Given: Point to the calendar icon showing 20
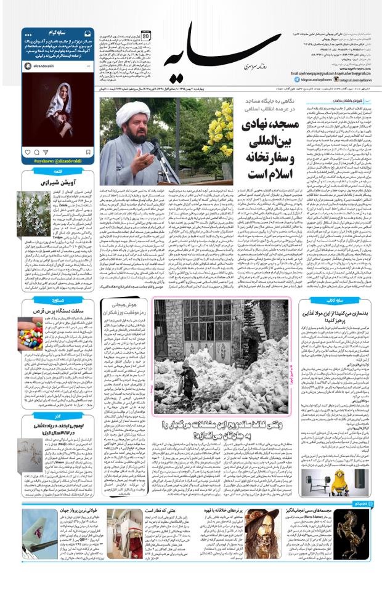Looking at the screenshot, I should (146, 36).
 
